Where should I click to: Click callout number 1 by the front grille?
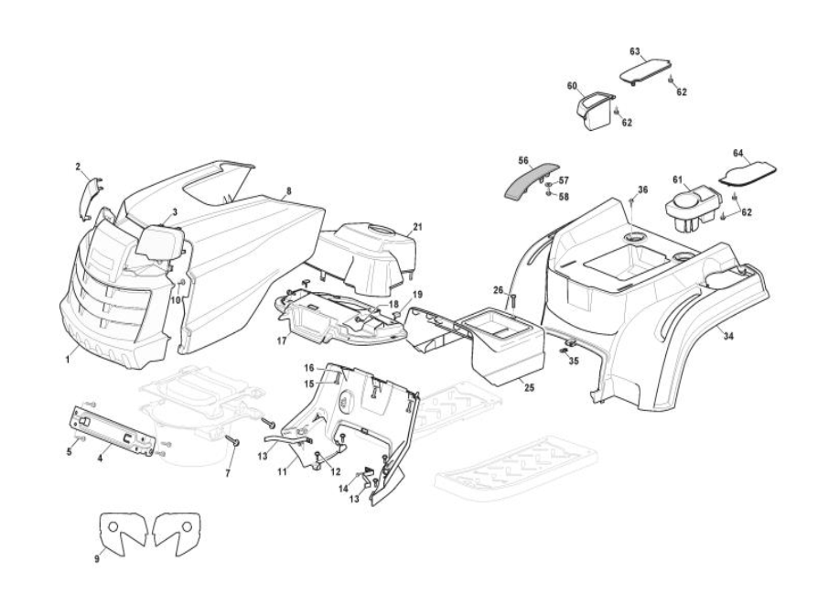click(x=68, y=360)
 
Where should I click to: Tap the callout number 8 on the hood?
click(x=288, y=191)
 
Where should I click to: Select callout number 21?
click(x=417, y=226)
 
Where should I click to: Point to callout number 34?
click(x=729, y=336)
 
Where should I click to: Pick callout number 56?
click(x=523, y=158)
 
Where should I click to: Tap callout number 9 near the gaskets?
click(x=96, y=556)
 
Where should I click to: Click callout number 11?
click(x=283, y=472)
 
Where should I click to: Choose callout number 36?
click(x=642, y=189)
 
